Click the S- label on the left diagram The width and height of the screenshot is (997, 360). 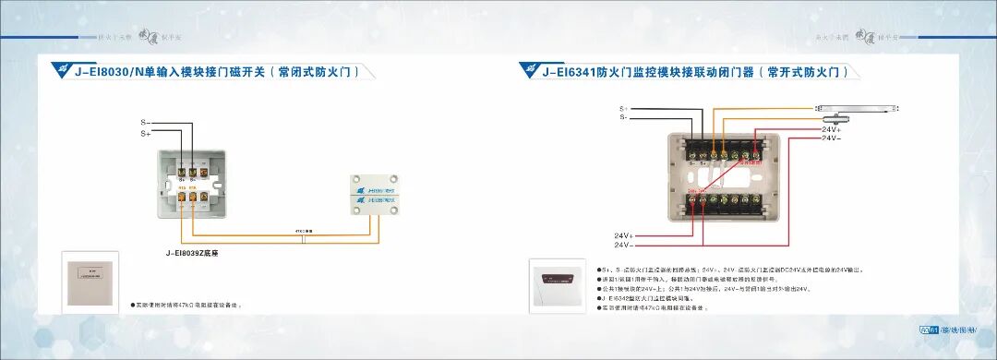[x=146, y=122]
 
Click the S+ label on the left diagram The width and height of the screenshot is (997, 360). [x=146, y=134]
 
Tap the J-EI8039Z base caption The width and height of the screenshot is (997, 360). [x=191, y=252]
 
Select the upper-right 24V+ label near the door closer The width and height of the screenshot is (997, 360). [x=832, y=130]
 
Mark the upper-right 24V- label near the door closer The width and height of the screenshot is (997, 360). [x=832, y=138]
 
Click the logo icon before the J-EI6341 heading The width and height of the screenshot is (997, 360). [x=529, y=70]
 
